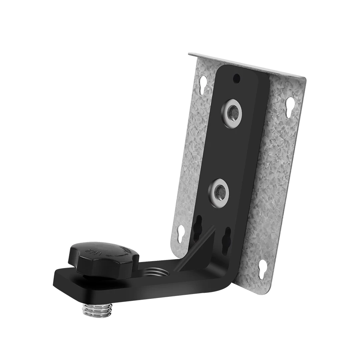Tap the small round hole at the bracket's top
(x=237, y=77)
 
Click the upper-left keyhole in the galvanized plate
(x=203, y=88)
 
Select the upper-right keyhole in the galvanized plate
(x=289, y=107)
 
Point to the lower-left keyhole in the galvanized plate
(x=180, y=232)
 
